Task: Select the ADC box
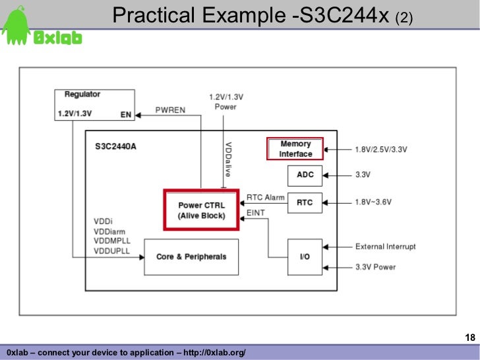point(305,175)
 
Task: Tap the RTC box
point(305,202)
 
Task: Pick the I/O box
point(305,256)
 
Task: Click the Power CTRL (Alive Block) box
point(201,210)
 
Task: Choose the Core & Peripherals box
point(191,256)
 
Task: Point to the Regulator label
point(82,95)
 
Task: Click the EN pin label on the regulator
point(125,114)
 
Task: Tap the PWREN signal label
point(170,109)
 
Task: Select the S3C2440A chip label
point(115,146)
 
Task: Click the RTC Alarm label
point(265,197)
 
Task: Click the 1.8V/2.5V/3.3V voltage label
point(380,150)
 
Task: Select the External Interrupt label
point(386,247)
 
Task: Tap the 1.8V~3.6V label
point(377,202)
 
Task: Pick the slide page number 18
point(470,338)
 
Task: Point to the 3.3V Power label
point(376,267)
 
